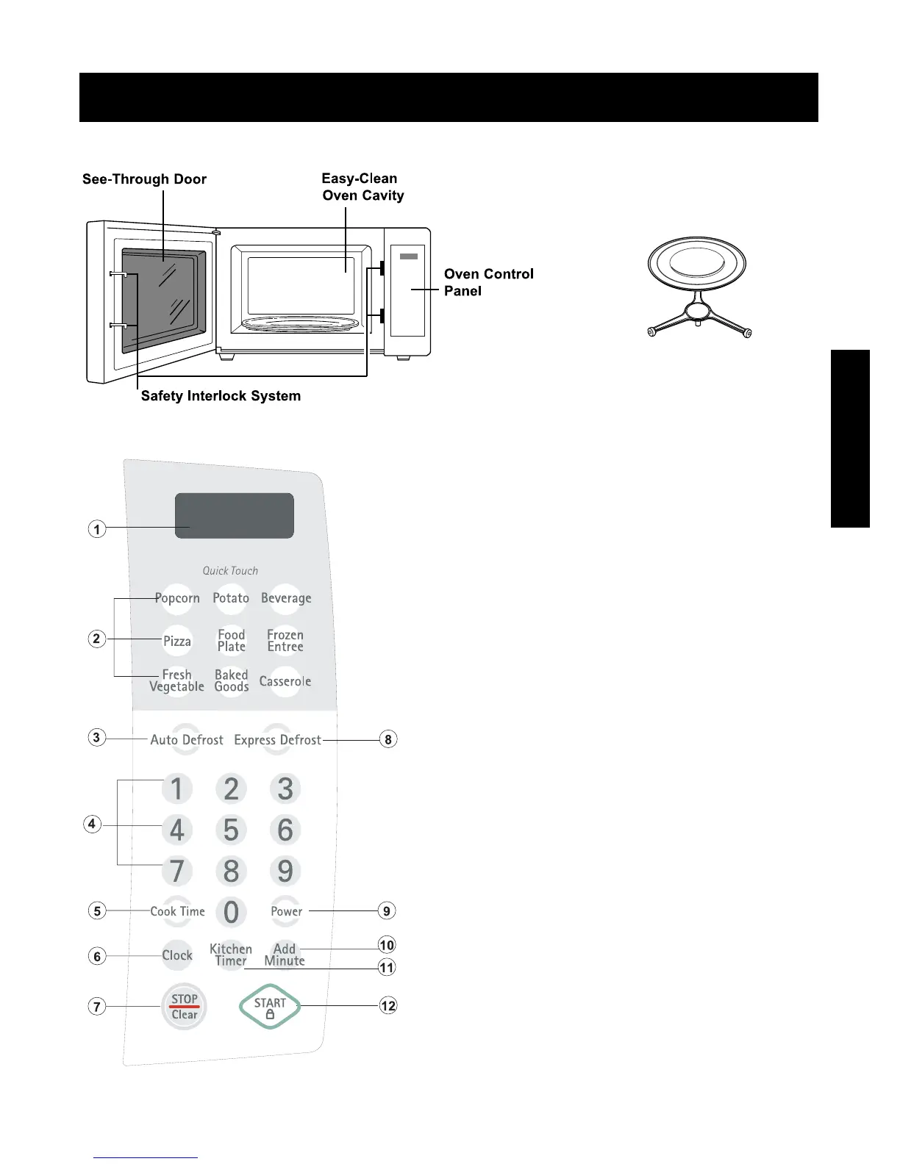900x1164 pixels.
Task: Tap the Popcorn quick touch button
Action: tap(177, 598)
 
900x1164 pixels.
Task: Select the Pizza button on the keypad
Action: tap(177, 641)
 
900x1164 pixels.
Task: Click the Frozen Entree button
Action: tap(285, 641)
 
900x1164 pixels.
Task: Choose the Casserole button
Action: tap(285, 681)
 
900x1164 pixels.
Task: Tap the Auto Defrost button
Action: tap(187, 740)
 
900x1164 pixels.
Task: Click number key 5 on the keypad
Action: tap(231, 830)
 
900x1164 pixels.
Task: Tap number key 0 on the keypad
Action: tap(231, 912)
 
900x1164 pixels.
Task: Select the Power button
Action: tap(286, 911)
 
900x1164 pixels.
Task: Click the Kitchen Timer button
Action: tap(231, 955)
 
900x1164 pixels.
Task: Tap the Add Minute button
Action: tap(285, 955)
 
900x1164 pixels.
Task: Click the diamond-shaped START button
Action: tap(270, 1007)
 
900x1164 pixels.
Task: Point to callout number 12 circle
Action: tap(388, 1005)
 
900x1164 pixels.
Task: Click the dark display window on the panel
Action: tap(235, 515)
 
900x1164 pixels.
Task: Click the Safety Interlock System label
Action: tap(221, 396)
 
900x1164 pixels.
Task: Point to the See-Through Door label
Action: tap(144, 179)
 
